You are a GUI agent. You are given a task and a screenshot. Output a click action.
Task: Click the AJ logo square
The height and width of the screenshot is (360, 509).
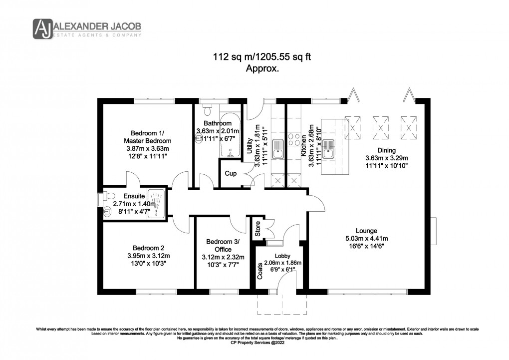point(43,29)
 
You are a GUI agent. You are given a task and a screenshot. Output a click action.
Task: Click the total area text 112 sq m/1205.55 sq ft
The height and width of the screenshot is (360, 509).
point(262,57)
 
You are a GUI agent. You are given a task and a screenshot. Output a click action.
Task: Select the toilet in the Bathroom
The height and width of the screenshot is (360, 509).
point(207,109)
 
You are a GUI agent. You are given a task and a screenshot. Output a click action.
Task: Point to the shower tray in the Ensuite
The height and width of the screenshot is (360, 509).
point(157,204)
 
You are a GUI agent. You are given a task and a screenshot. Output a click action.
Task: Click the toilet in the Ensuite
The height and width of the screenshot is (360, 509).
point(108,196)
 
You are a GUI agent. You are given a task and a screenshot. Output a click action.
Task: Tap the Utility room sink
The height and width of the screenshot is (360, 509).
point(278,149)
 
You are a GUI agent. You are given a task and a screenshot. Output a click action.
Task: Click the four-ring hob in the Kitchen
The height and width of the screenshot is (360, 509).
point(294,139)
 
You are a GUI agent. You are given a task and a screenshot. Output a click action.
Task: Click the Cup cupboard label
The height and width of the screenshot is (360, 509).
point(231,173)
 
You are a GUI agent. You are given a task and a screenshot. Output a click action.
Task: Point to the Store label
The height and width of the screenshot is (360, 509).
point(258,229)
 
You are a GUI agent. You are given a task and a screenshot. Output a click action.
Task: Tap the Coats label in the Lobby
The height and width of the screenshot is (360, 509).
point(260,271)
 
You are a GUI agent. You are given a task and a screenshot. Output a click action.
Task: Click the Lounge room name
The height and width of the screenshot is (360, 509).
point(366,231)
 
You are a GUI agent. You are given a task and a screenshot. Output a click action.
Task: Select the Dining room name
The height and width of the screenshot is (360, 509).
point(387,150)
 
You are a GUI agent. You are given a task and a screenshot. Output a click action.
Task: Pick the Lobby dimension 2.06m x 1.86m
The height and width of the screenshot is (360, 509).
point(283,263)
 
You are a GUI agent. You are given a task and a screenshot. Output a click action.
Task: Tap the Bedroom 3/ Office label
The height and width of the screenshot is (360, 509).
point(223,245)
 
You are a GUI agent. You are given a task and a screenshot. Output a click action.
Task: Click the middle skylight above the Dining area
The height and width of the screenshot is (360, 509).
point(380,128)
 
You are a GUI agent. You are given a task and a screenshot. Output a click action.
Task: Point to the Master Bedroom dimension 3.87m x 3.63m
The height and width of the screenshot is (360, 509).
point(148,148)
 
